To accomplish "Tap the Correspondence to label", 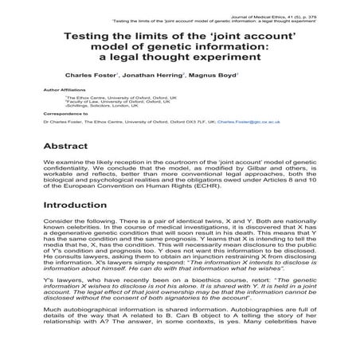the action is click(x=68, y=113).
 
